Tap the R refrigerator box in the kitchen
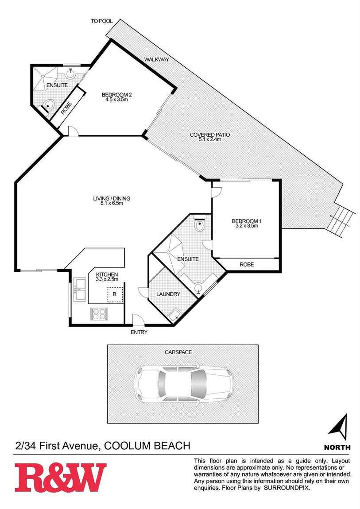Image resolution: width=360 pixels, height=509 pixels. tap(115, 295)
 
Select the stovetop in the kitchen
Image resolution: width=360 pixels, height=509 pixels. tap(99, 314)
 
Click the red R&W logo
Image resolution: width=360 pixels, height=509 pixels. tap(60, 478)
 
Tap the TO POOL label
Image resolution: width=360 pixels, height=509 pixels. tap(101, 21)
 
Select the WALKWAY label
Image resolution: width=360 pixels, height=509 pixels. tap(156, 59)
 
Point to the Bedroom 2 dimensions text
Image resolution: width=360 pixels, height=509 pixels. tap(116, 100)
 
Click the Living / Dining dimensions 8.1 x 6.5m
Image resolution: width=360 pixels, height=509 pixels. tap(112, 203)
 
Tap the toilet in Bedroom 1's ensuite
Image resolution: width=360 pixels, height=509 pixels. tap(199, 224)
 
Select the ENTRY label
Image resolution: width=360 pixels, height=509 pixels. tap(139, 332)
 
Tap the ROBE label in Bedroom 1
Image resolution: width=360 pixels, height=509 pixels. tap(247, 265)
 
